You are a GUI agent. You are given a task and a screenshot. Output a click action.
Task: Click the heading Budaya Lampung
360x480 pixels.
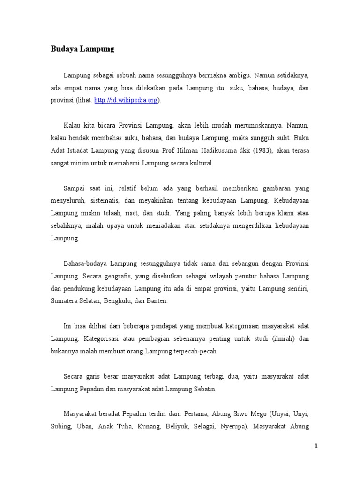coord(82,49)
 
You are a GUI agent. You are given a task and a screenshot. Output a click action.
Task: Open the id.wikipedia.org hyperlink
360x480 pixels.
coord(127,100)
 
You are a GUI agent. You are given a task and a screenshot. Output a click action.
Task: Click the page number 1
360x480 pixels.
coord(316,446)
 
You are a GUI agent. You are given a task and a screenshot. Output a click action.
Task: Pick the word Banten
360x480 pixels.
coord(156,300)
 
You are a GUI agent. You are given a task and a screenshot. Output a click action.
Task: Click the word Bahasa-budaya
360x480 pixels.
coord(85,262)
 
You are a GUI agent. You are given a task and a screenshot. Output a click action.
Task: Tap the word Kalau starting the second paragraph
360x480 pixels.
coord(72,125)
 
